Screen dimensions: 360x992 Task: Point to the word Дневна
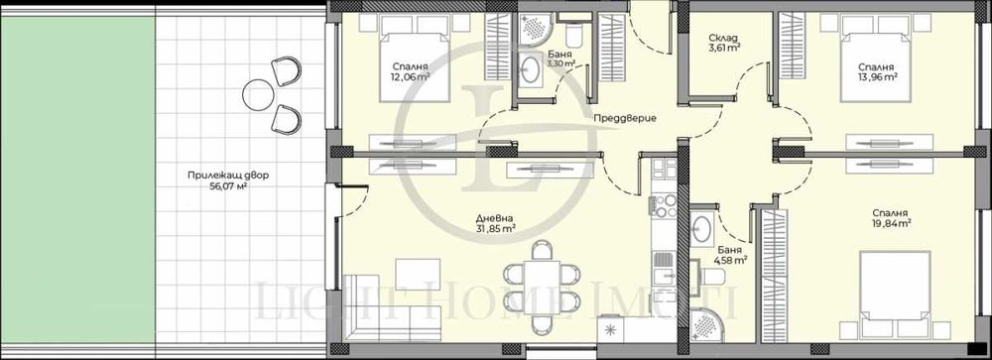pyautogui.click(x=494, y=217)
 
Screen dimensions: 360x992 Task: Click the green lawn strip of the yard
pyautogui.click(x=75, y=179)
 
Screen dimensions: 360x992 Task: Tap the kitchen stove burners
pyautogui.click(x=661, y=206)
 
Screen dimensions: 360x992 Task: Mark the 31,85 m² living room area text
pyautogui.click(x=495, y=229)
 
